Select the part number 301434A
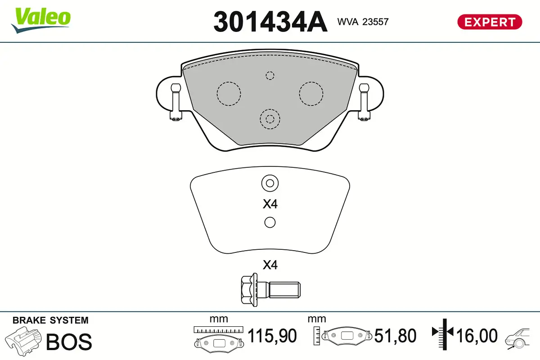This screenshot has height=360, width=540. tap(270, 22)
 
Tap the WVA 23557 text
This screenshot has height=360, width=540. tap(362, 21)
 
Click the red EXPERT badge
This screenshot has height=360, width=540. tap(490, 22)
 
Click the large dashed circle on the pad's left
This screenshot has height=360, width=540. tap(229, 94)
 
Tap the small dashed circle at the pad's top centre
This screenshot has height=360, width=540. tap(270, 75)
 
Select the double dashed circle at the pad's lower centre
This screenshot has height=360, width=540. tap(270, 119)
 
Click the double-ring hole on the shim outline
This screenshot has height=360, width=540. tap(270, 183)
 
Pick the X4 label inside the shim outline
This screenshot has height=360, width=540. tap(270, 204)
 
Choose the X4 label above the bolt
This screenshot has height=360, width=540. tap(270, 265)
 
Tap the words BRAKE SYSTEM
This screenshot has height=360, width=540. tap(50, 320)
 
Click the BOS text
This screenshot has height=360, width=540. tap(69, 342)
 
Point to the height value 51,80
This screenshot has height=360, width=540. tap(396, 336)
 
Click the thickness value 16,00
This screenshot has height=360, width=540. tap(477, 336)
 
